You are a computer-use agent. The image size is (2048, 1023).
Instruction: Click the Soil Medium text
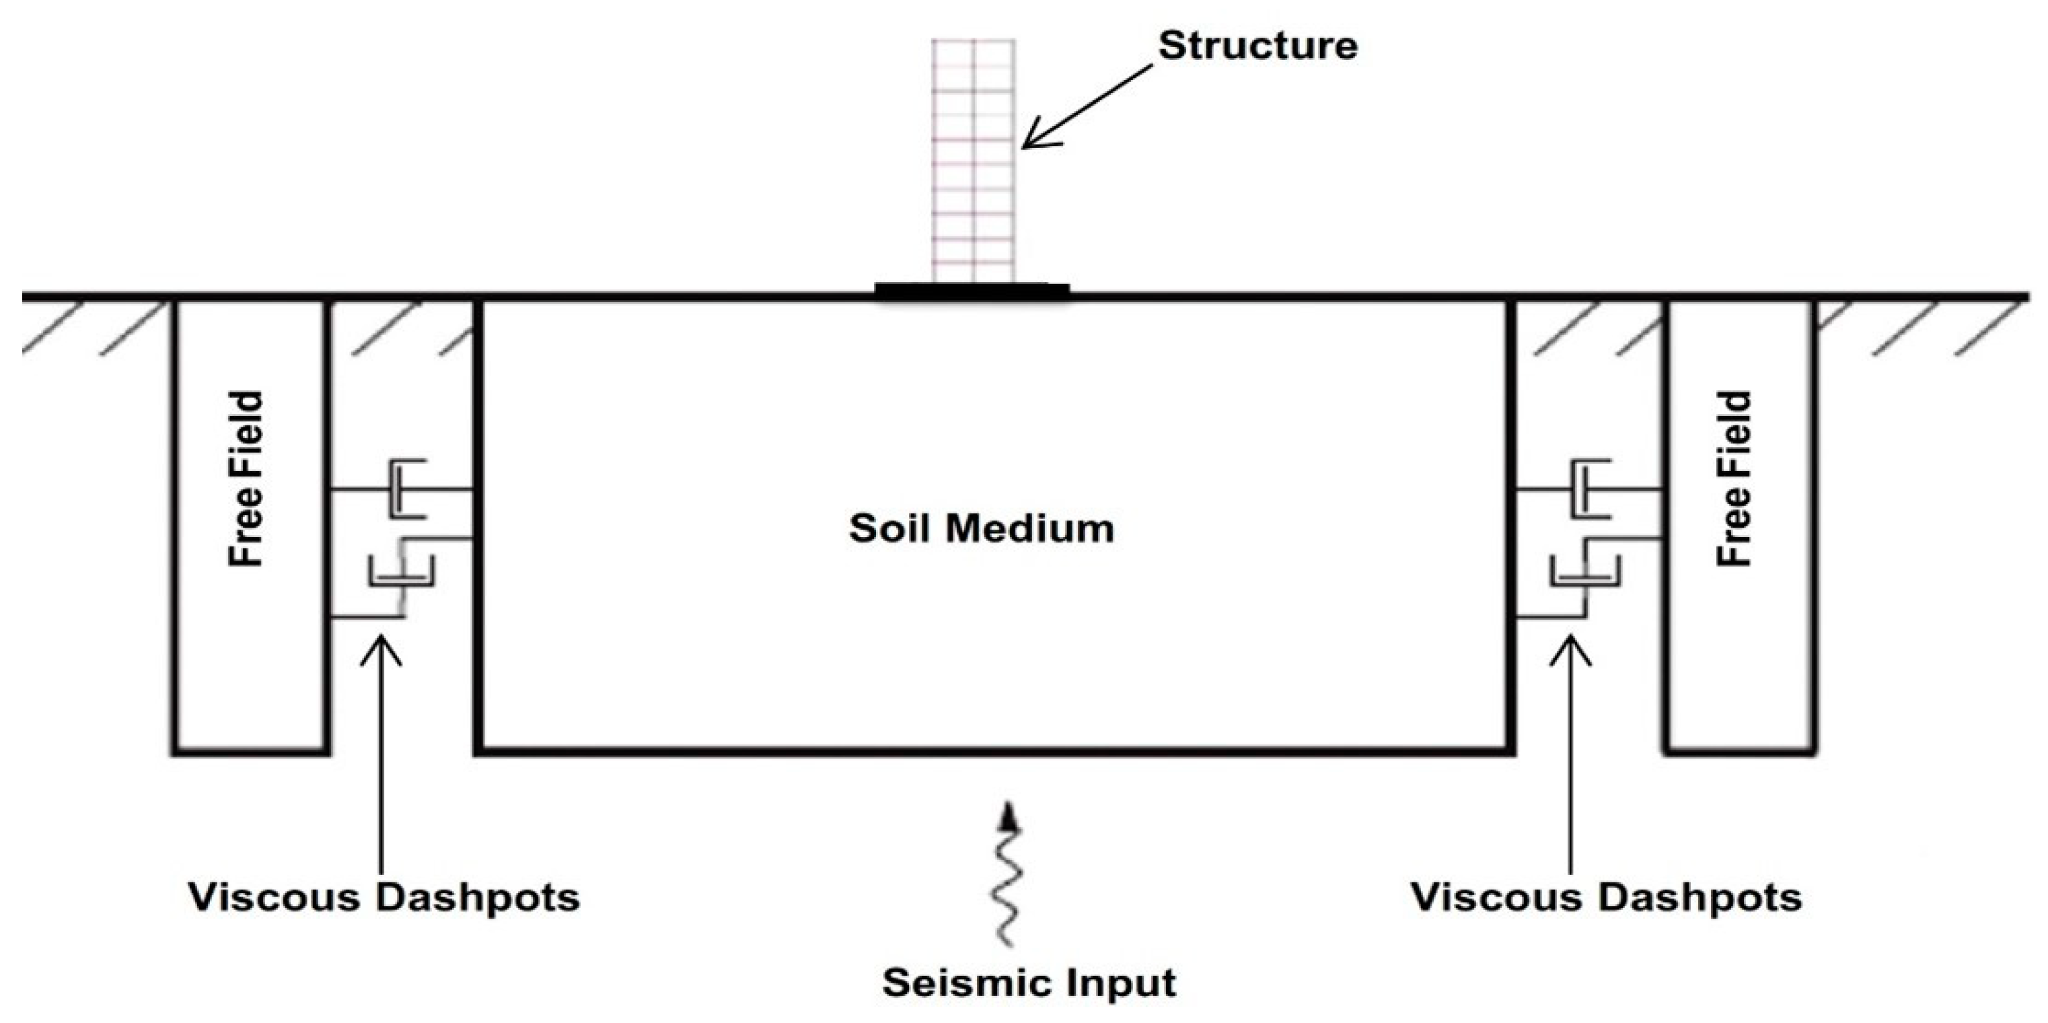click(981, 528)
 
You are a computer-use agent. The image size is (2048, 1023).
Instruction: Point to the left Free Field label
click(246, 480)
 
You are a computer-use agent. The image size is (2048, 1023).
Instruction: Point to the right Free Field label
click(1734, 480)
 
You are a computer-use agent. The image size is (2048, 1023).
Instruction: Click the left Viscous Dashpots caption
click(384, 897)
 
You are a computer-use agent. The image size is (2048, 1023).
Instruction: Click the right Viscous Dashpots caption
click(1606, 897)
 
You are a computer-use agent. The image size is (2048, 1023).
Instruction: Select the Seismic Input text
click(1029, 983)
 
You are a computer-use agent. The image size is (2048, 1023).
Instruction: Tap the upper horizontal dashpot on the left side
click(406, 489)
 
